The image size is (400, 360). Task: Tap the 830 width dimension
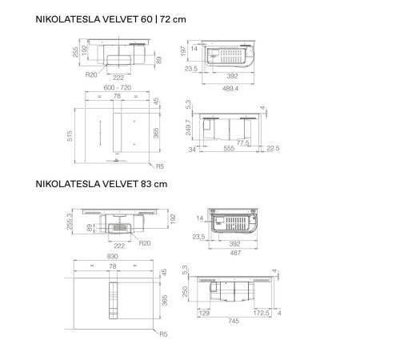click(x=118, y=257)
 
